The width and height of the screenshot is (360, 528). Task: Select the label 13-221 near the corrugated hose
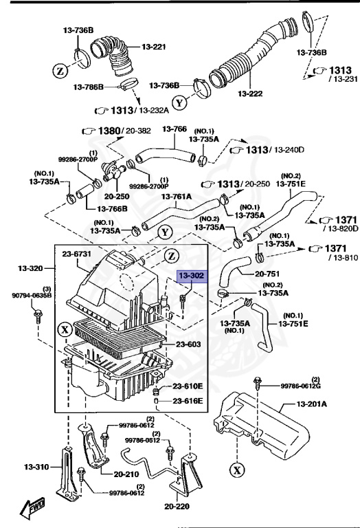155,47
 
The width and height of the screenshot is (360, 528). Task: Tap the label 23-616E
188,400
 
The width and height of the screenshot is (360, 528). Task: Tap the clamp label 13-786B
89,87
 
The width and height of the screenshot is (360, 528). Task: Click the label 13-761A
177,196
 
